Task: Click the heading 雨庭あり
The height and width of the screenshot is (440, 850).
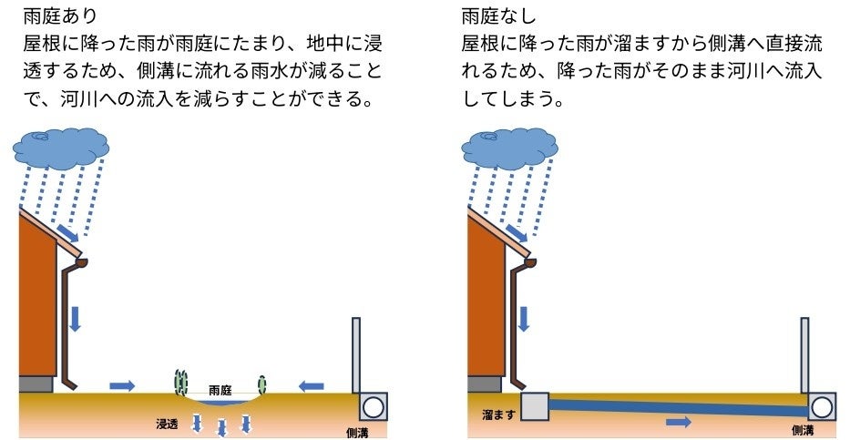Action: [59, 15]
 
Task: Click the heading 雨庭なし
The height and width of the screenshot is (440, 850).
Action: [498, 15]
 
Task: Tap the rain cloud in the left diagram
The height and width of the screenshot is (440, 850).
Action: [61, 148]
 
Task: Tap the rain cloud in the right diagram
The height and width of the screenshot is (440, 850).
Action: [509, 148]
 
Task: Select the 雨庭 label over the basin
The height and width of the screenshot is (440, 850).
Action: [220, 390]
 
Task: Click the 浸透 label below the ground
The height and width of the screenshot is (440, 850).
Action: [167, 424]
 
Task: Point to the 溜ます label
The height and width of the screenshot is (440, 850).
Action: [498, 415]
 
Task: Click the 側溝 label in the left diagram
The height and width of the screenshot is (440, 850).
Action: [357, 433]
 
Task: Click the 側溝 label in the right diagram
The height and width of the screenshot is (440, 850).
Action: [803, 430]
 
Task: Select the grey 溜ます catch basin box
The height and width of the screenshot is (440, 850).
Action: [535, 407]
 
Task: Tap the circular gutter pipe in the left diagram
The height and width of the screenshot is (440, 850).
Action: [373, 407]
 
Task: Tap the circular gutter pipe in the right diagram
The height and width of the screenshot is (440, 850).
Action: [822, 407]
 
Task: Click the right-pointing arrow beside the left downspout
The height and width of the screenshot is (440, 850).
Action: [122, 386]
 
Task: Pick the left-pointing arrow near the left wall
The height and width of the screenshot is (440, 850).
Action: [312, 386]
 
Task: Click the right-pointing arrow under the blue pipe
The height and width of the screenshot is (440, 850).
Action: [679, 422]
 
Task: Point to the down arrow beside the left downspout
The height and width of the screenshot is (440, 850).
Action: [75, 319]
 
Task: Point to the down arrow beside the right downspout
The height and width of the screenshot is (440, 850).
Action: [524, 319]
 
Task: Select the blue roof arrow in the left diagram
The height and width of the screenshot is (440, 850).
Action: [67, 233]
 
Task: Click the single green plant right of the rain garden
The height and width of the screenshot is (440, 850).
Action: [262, 384]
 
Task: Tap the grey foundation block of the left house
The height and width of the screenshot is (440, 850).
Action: [36, 384]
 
